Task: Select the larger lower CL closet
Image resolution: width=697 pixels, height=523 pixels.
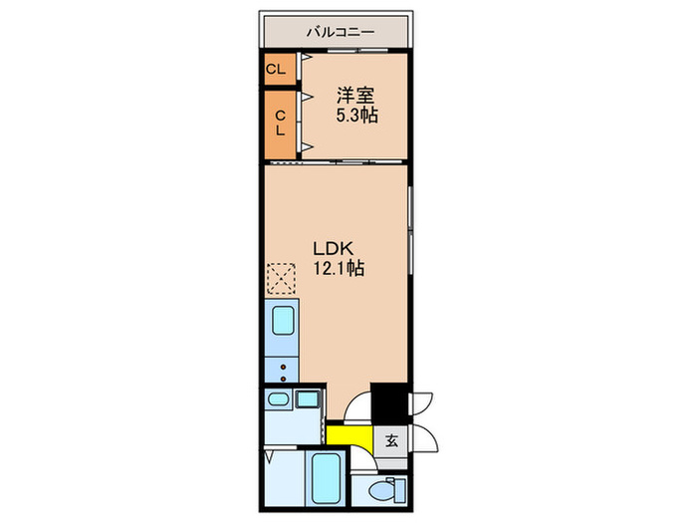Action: [280, 122]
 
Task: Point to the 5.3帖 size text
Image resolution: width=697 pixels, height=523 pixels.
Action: [356, 117]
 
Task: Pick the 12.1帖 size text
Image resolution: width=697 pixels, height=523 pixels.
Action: [341, 268]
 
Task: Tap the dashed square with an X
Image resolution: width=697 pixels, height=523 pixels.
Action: [282, 278]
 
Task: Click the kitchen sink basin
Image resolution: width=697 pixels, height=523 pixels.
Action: [281, 323]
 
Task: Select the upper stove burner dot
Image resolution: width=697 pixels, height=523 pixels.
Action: [283, 367]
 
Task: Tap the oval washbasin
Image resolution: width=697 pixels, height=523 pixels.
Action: [277, 399]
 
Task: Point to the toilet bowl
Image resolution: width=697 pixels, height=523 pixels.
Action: [378, 491]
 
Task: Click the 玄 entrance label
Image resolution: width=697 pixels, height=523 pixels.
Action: [391, 441]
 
